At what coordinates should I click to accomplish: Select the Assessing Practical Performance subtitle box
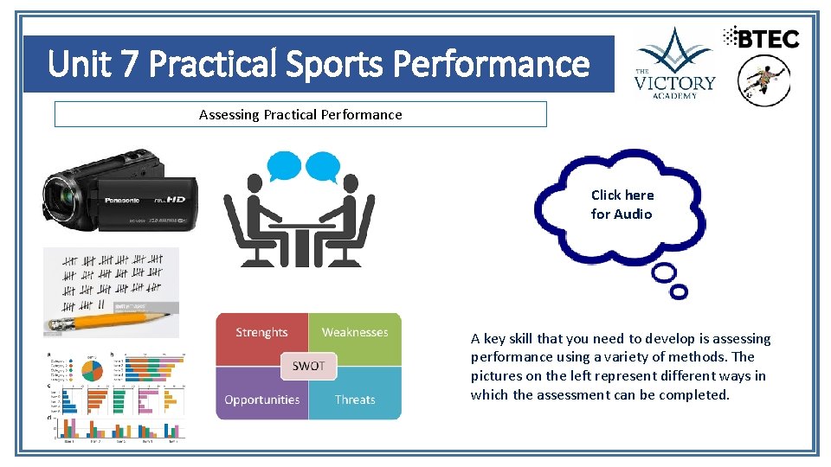coord(300,114)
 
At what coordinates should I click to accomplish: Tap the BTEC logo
coord(762,37)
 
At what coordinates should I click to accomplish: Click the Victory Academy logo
coord(674,62)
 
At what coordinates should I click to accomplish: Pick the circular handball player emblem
coord(763,80)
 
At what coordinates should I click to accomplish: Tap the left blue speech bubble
coord(284,165)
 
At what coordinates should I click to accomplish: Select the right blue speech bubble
coord(322,165)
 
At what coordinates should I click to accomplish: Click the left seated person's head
coord(254,183)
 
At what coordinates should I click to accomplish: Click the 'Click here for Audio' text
coord(622,205)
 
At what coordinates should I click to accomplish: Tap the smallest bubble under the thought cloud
coord(680,292)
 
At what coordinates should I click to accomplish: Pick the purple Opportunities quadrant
coord(261,400)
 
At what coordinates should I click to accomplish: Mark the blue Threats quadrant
coord(356,400)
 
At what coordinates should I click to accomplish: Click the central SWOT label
coord(308,366)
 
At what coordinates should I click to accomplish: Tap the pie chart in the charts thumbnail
coord(91,370)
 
